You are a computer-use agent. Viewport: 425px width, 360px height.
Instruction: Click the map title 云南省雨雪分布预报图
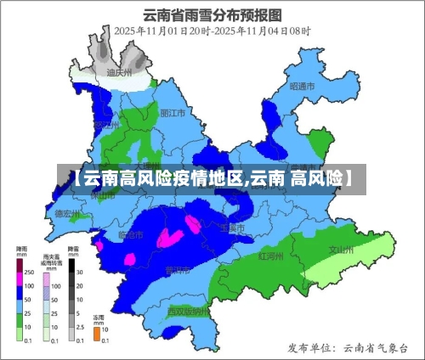click(212, 14)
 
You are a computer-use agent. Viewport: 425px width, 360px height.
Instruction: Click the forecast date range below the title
click(212, 31)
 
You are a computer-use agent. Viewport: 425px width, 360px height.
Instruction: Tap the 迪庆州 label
click(118, 74)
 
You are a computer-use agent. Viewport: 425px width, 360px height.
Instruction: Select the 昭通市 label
click(302, 87)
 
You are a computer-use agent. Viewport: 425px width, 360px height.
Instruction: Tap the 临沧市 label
click(132, 233)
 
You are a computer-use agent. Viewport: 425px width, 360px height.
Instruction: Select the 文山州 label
click(342, 250)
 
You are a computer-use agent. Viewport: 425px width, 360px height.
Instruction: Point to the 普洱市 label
click(178, 270)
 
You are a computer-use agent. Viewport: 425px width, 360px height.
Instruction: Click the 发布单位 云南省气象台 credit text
click(348, 347)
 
